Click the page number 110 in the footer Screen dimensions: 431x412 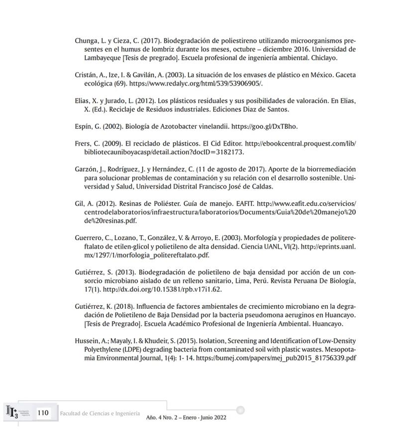click(x=43, y=413)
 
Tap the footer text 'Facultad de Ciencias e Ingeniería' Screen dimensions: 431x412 click(x=100, y=414)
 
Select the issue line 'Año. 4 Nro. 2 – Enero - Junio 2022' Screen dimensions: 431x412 click(x=186, y=418)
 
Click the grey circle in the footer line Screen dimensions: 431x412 click(x=240, y=410)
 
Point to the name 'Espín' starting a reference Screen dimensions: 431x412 click(x=83, y=126)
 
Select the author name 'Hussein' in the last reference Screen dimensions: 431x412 click(x=87, y=341)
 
